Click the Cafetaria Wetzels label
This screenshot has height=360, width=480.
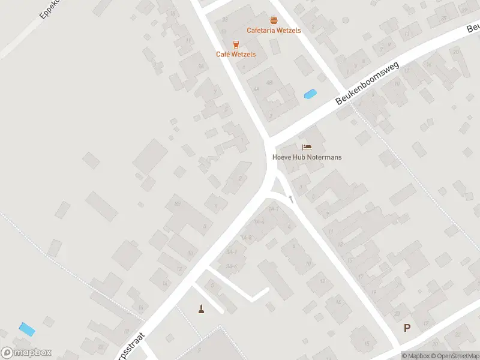click(274, 31)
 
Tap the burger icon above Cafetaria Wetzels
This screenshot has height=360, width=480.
click(274, 20)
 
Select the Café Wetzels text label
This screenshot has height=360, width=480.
click(236, 54)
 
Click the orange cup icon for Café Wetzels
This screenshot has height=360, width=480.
click(236, 44)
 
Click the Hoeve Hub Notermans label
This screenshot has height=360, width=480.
click(307, 157)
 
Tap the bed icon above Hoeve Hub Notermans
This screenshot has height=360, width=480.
click(307, 147)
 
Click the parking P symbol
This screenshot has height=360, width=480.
click(407, 328)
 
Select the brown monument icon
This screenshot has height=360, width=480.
click(202, 309)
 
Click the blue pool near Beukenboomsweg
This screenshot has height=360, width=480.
click(310, 94)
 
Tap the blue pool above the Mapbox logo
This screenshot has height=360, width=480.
click(27, 329)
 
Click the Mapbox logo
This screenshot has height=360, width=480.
click(26, 353)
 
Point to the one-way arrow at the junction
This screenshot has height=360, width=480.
click(291, 197)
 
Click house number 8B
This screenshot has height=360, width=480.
click(177, 204)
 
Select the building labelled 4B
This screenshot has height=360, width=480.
click(269, 82)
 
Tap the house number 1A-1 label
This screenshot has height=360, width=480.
click(274, 209)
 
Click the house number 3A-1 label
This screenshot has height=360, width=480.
click(232, 252)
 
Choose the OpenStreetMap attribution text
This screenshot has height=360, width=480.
click(454, 356)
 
